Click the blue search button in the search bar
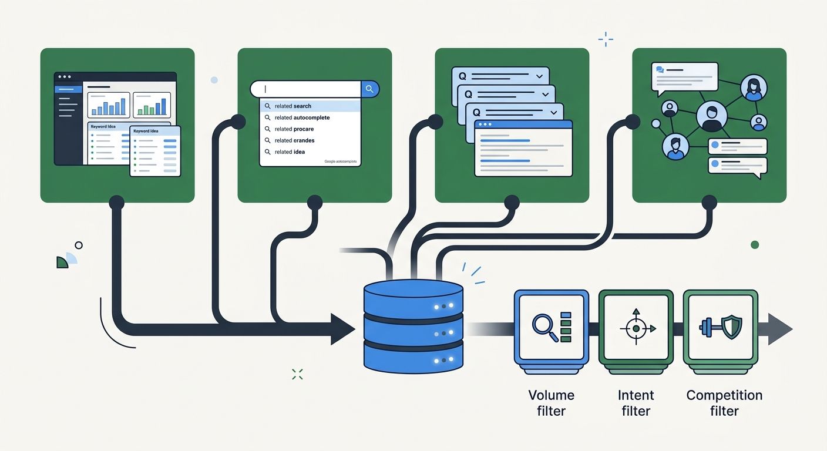369,89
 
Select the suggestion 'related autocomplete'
302,117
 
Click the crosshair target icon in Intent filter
636,328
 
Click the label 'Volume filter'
551,403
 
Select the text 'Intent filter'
636,403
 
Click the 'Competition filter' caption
724,403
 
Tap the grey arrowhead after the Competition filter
779,329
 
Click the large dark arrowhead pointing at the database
342,329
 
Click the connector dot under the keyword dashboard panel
116,203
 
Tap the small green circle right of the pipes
755,245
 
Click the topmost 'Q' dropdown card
500,76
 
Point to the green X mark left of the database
297,374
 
